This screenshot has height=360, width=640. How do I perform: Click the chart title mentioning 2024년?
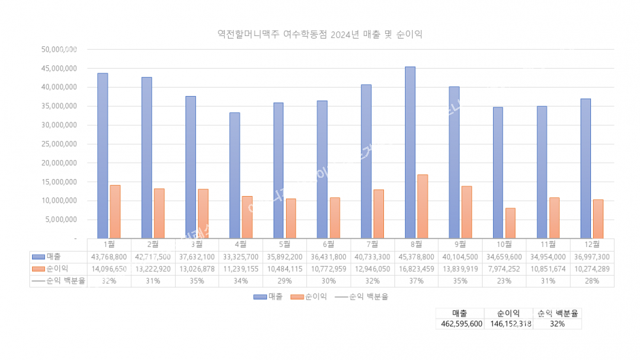[319, 35]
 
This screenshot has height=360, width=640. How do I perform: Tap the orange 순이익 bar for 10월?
[510, 223]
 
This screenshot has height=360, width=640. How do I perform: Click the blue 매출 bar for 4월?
[234, 175]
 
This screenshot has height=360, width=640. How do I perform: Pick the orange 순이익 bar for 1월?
[115, 212]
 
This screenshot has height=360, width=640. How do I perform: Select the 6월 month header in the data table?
[328, 244]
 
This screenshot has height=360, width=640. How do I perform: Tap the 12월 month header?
[592, 244]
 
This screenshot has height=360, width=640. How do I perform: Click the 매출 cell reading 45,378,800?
[416, 257]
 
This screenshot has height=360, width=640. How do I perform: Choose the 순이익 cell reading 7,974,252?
[504, 269]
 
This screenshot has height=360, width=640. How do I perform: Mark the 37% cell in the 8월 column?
[416, 281]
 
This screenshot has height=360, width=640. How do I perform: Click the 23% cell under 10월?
[504, 281]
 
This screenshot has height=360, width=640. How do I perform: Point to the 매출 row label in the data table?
[54, 257]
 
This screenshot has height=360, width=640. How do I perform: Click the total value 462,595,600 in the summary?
[460, 324]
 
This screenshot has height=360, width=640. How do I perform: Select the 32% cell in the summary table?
[557, 324]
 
